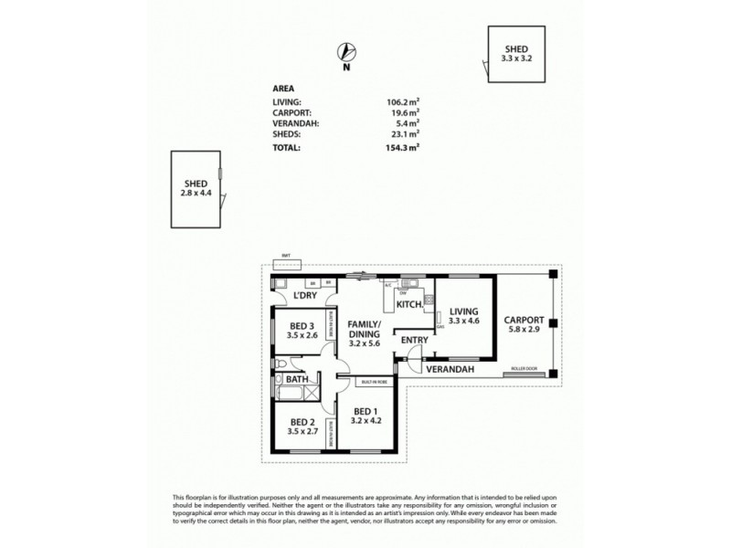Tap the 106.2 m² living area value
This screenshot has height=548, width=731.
tap(402, 102)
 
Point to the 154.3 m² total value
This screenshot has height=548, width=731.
tap(402, 146)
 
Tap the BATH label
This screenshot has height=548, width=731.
tap(297, 378)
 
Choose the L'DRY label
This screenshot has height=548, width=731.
tap(306, 297)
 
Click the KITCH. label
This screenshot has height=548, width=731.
tap(408, 303)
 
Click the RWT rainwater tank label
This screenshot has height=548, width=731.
tap(287, 258)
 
